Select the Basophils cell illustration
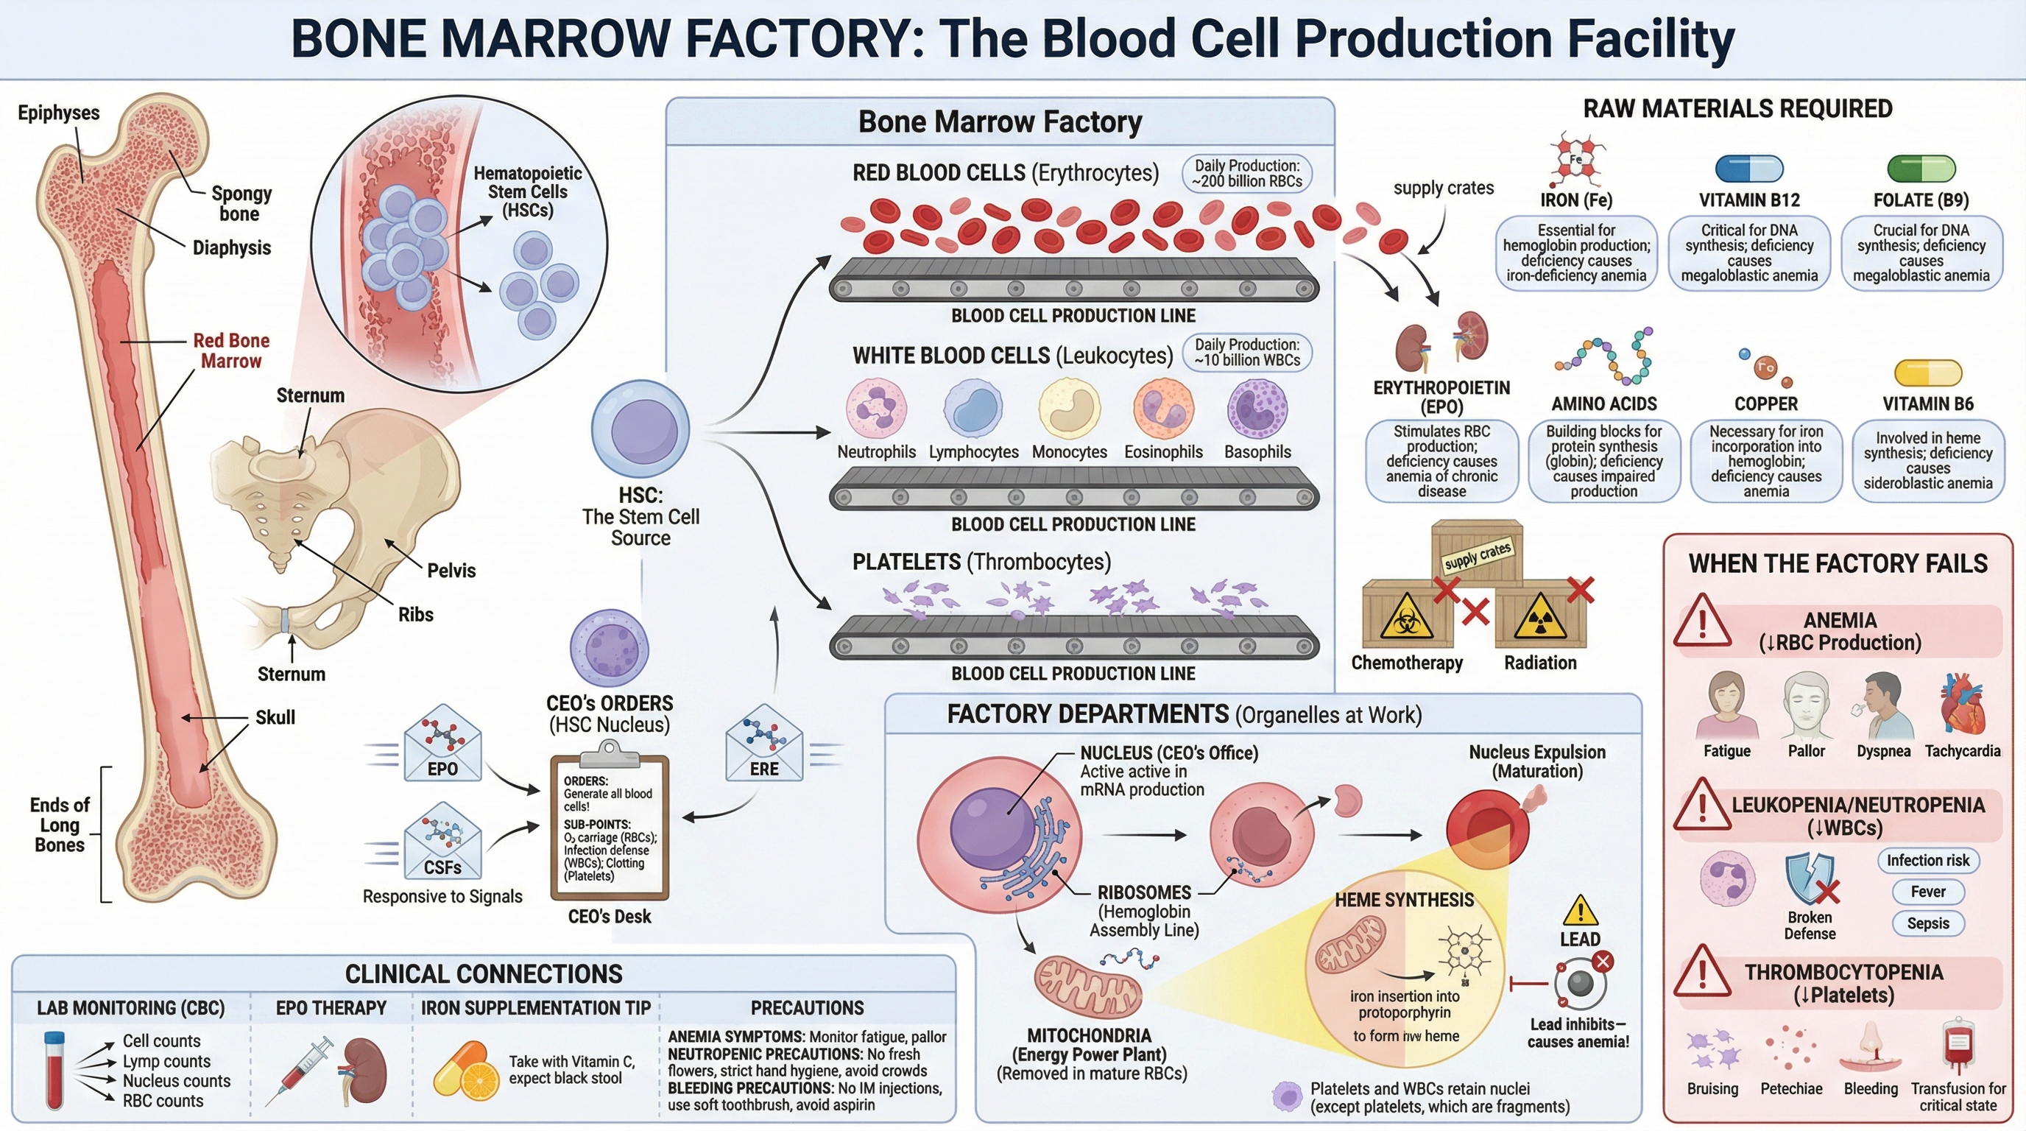[1257, 409]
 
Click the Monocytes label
[1069, 452]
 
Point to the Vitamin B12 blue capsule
[1748, 169]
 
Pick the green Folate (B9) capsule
[1921, 169]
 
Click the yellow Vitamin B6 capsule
[1927, 373]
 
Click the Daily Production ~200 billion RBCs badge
[1246, 174]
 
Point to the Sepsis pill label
[1927, 923]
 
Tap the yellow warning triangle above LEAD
[1579, 911]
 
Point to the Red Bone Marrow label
[230, 350]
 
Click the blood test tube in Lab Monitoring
[54, 1070]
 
